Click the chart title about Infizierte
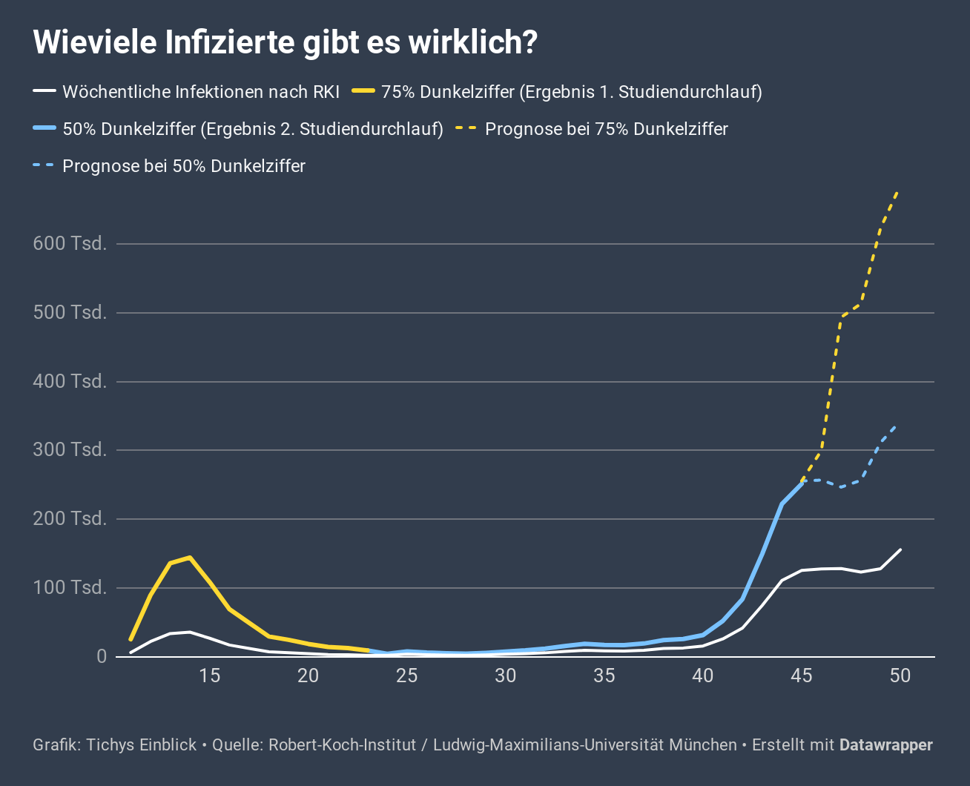pos(285,42)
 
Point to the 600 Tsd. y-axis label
pos(70,243)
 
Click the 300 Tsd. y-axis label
pos(70,450)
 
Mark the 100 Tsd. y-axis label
pos(70,588)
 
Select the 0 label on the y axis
pos(102,657)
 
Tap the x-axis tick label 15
pos(210,676)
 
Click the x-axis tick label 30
pos(506,676)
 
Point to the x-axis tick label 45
pos(802,676)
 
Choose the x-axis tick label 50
pos(900,676)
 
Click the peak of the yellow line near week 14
pos(190,557)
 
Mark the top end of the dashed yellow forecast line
pos(899,191)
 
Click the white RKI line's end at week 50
pos(900,549)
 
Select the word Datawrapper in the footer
pos(885,744)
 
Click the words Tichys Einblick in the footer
pos(142,744)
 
